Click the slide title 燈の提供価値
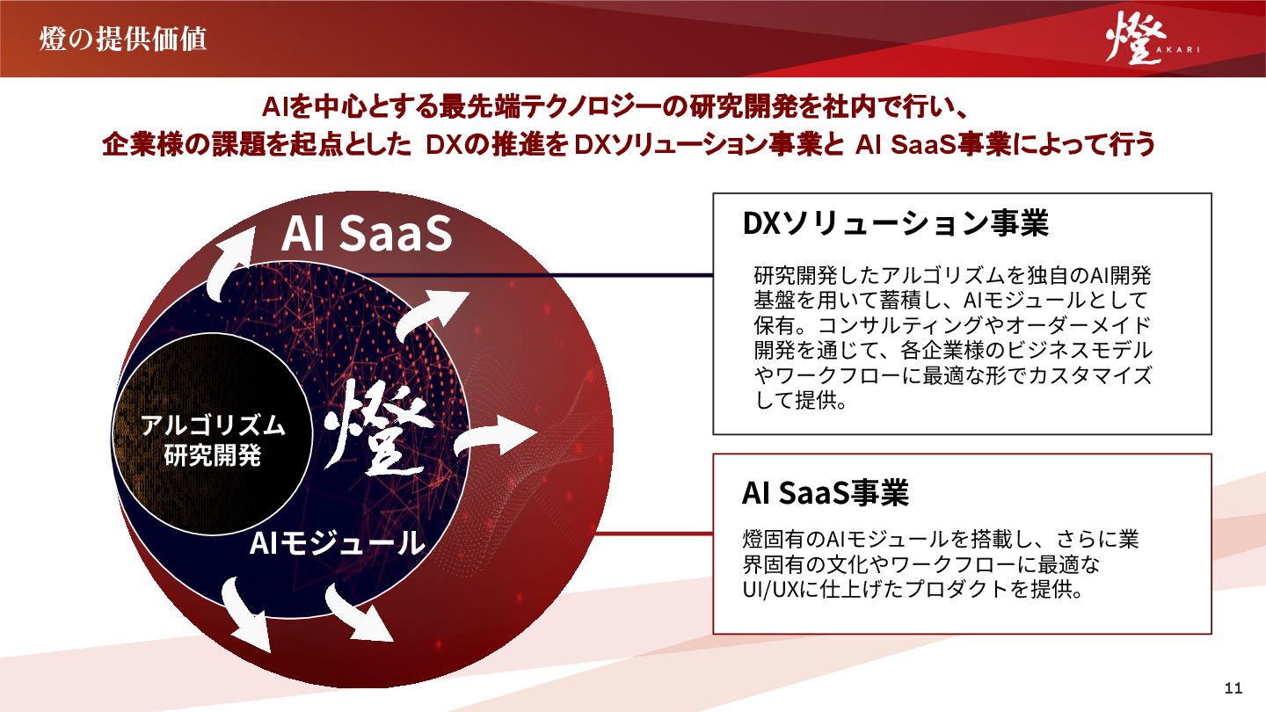(123, 40)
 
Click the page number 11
(1233, 687)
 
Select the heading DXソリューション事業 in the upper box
(895, 223)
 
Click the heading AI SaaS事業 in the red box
(825, 493)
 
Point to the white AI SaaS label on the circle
(367, 233)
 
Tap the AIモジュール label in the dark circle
(337, 543)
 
